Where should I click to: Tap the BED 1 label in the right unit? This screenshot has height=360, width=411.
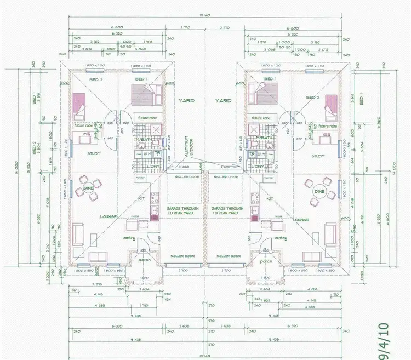coord(269,79)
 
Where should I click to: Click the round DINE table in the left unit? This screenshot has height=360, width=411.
coord(89,187)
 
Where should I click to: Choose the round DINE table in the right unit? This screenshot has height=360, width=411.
coord(318,191)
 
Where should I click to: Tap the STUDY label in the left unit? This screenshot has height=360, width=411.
coord(94,155)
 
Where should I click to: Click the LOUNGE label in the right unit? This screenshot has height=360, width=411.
coord(301,219)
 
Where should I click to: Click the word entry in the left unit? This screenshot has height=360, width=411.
coord(130,238)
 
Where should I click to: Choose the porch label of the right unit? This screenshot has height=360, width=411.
coord(266,261)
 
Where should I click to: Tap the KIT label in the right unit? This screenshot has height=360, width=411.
coord(269,198)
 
